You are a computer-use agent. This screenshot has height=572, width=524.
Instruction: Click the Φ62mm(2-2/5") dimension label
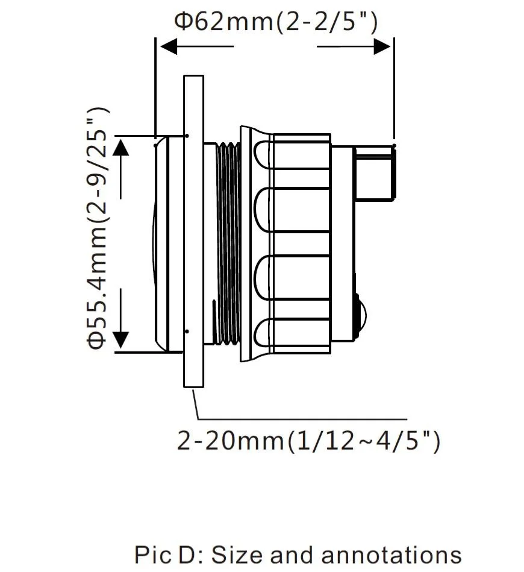click(x=276, y=22)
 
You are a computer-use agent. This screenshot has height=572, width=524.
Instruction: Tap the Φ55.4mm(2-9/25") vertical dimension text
click(x=98, y=228)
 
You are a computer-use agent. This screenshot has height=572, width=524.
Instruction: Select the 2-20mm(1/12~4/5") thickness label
click(x=308, y=441)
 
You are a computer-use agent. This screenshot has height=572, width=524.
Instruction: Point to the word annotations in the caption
click(x=391, y=555)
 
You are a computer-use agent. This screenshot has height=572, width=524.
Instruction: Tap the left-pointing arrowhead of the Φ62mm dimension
click(x=169, y=46)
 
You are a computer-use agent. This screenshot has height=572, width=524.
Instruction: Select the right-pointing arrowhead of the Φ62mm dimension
click(x=382, y=46)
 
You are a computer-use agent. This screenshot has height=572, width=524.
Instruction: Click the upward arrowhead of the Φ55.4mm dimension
click(x=121, y=148)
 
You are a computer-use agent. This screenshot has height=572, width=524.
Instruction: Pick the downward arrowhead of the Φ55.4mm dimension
click(x=121, y=339)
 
